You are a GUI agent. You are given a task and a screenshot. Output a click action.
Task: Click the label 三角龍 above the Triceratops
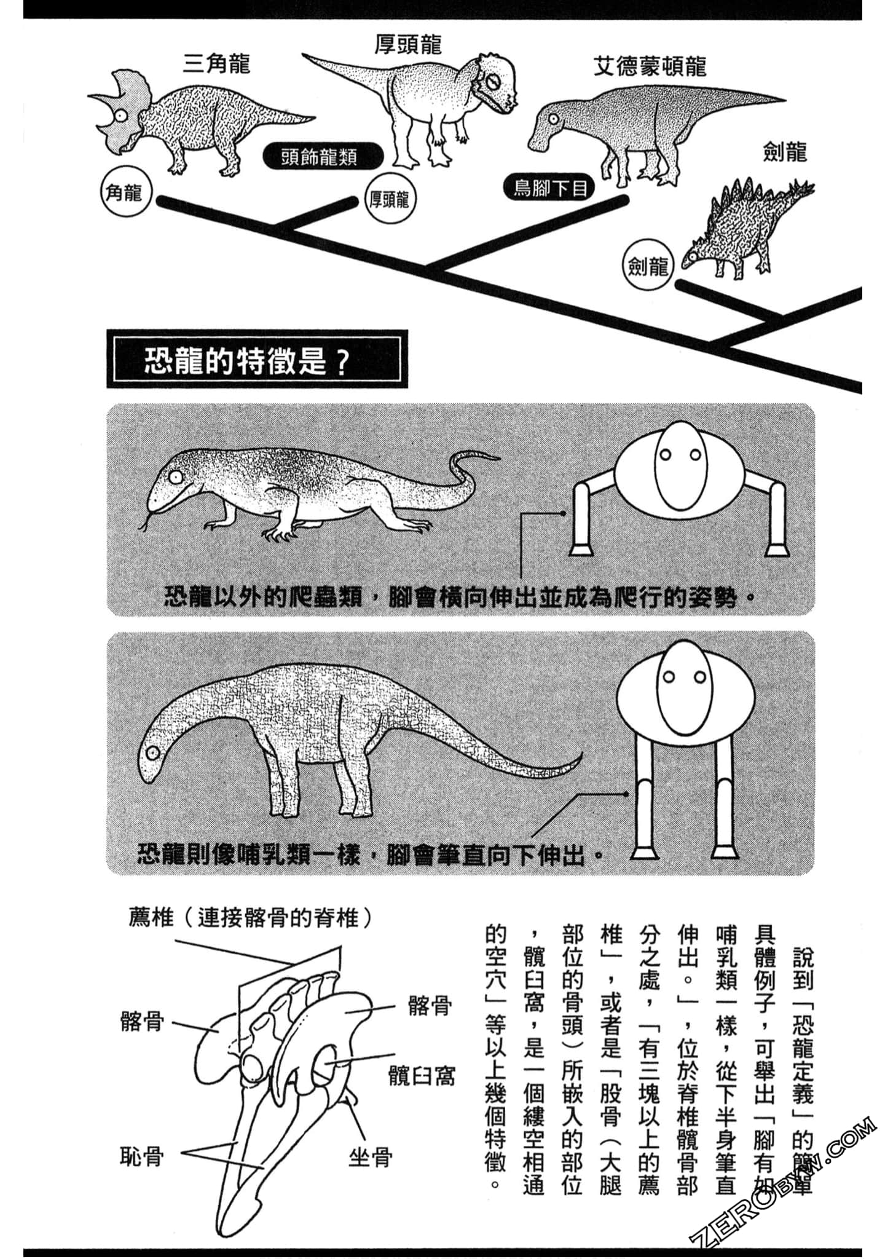point(216,63)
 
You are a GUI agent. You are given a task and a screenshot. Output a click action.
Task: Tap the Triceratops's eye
point(122,116)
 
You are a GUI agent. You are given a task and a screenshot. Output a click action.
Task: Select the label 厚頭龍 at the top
point(408,44)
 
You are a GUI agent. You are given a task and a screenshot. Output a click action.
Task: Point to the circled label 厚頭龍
point(389,199)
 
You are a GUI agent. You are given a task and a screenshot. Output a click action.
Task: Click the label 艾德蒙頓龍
point(649,66)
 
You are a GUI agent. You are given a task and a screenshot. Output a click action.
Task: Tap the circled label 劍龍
point(648,266)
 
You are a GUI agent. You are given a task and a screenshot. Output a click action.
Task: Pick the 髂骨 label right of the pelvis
point(430,1006)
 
